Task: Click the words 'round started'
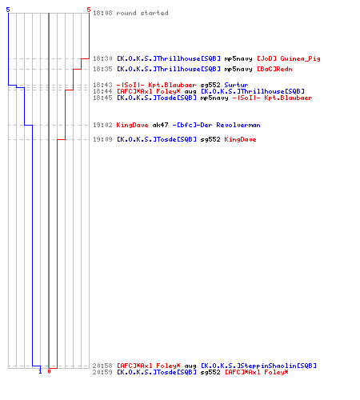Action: point(142,13)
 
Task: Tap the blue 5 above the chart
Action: point(8,10)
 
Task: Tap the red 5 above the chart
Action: point(89,10)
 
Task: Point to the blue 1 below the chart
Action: point(40,371)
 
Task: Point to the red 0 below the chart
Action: point(49,371)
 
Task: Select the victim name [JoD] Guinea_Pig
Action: point(289,58)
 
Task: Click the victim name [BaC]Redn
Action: point(274,69)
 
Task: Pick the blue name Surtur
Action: point(236,85)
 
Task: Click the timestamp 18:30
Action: point(102,58)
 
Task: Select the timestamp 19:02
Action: point(102,125)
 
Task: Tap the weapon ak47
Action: point(160,125)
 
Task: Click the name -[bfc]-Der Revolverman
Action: point(216,125)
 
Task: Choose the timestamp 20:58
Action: point(102,366)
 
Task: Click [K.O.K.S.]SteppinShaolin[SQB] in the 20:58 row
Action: point(258,366)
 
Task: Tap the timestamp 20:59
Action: point(102,372)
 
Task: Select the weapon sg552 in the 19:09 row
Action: point(210,139)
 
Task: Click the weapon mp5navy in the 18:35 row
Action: point(238,69)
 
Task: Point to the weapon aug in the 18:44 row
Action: point(190,91)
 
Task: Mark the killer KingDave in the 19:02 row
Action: point(132,125)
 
